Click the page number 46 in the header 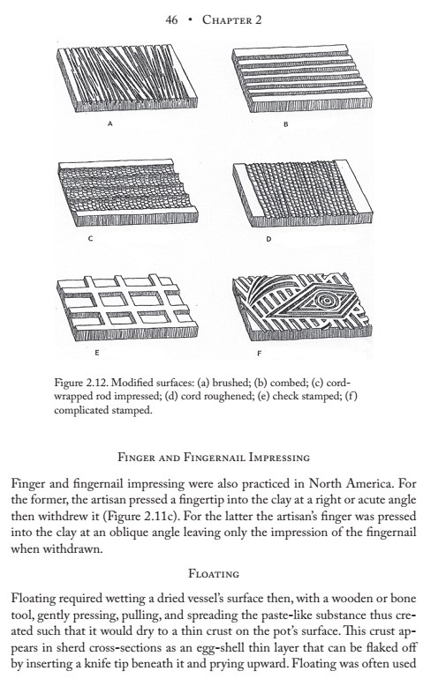coord(171,19)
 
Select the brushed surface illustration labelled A coord(127,78)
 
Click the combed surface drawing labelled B coord(302,78)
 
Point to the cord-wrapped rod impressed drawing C coord(128,193)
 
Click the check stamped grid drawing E coord(127,307)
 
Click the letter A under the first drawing coord(110,123)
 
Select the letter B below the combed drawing coord(285,124)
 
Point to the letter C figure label coord(90,239)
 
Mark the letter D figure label coord(268,239)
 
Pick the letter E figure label coord(97,352)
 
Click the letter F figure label coord(259,353)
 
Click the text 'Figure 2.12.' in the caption coord(81,383)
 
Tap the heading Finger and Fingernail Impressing coord(214,458)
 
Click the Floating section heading coord(214,573)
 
